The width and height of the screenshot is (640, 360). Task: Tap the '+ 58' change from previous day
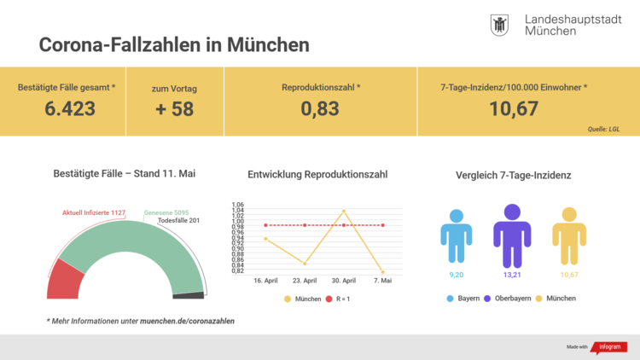click(173, 108)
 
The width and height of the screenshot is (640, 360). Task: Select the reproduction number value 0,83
click(321, 108)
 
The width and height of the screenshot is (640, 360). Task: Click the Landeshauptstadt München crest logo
click(501, 25)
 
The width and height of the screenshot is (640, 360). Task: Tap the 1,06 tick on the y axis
click(237, 205)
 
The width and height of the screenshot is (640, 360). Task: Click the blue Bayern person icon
click(457, 236)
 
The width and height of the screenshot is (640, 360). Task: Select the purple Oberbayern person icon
click(512, 235)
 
